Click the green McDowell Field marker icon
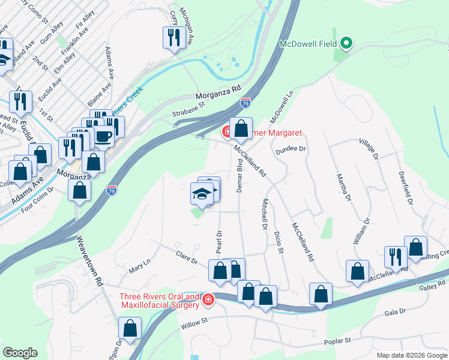(346, 43)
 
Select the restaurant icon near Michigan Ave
(172, 38)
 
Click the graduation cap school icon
(201, 193)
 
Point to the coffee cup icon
(103, 137)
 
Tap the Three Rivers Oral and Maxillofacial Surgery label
(159, 301)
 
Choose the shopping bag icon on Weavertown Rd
(79, 190)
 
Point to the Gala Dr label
(396, 312)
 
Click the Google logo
(20, 353)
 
